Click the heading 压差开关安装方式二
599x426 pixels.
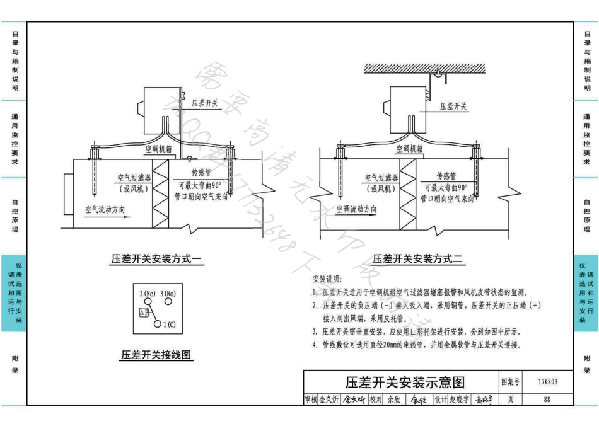pyautogui.click(x=418, y=258)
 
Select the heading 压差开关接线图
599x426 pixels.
pyautogui.click(x=156, y=355)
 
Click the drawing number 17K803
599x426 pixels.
pyautogui.click(x=547, y=382)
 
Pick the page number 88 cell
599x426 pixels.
pyautogui.click(x=547, y=400)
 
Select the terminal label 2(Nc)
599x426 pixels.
pyautogui.click(x=148, y=294)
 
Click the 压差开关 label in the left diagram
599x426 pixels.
pyautogui.click(x=205, y=103)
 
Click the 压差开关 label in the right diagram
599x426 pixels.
pyautogui.click(x=454, y=106)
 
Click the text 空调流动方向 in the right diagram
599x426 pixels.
pyautogui.click(x=357, y=209)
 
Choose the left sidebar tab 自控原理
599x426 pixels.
pyautogui.click(x=14, y=216)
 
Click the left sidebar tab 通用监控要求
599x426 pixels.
pyautogui.click(x=14, y=139)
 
